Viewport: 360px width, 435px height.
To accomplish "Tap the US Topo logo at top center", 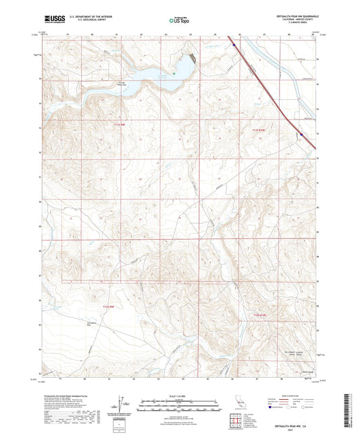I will coord(179,21).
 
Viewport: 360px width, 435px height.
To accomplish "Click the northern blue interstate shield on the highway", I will coord(234,45).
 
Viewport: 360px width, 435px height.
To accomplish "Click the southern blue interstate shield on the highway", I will coord(302,134).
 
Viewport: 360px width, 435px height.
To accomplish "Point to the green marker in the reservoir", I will coord(174,73).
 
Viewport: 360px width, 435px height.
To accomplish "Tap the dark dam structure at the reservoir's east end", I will coord(192,58).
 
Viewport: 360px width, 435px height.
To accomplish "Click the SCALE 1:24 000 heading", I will coord(180,395).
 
